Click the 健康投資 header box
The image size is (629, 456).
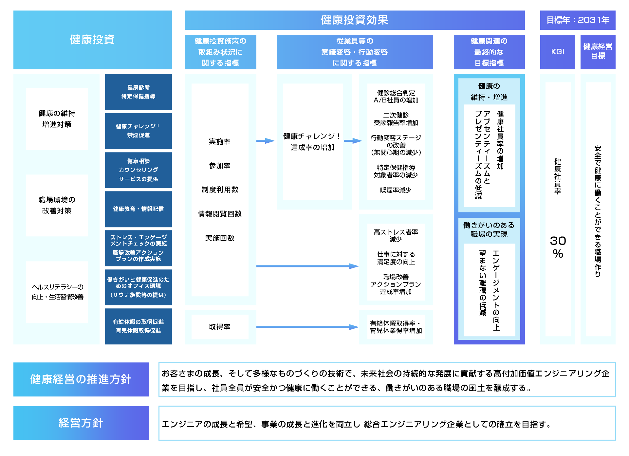click(x=92, y=40)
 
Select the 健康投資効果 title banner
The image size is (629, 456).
click(x=354, y=20)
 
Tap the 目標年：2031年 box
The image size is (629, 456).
click(x=578, y=20)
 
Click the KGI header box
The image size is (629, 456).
click(x=557, y=52)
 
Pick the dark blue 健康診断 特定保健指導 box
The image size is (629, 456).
click(x=138, y=92)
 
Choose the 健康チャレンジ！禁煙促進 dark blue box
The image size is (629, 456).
click(x=138, y=131)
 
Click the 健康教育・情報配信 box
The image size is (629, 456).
click(x=138, y=209)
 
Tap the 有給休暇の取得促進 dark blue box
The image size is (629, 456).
click(x=138, y=326)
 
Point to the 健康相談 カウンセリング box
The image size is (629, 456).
click(x=138, y=170)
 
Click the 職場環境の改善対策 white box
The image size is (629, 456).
click(x=57, y=205)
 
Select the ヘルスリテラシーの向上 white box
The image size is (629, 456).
click(x=57, y=292)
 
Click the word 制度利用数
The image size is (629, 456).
click(x=220, y=190)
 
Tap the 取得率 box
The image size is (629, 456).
click(x=220, y=327)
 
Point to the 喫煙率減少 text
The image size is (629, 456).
click(x=396, y=190)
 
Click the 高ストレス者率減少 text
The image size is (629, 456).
click(x=396, y=235)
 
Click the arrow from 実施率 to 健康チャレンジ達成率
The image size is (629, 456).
click(x=265, y=141)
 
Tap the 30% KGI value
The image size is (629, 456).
click(x=558, y=247)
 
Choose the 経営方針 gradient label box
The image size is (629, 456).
click(x=81, y=423)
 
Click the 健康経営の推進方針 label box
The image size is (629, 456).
click(x=81, y=379)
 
